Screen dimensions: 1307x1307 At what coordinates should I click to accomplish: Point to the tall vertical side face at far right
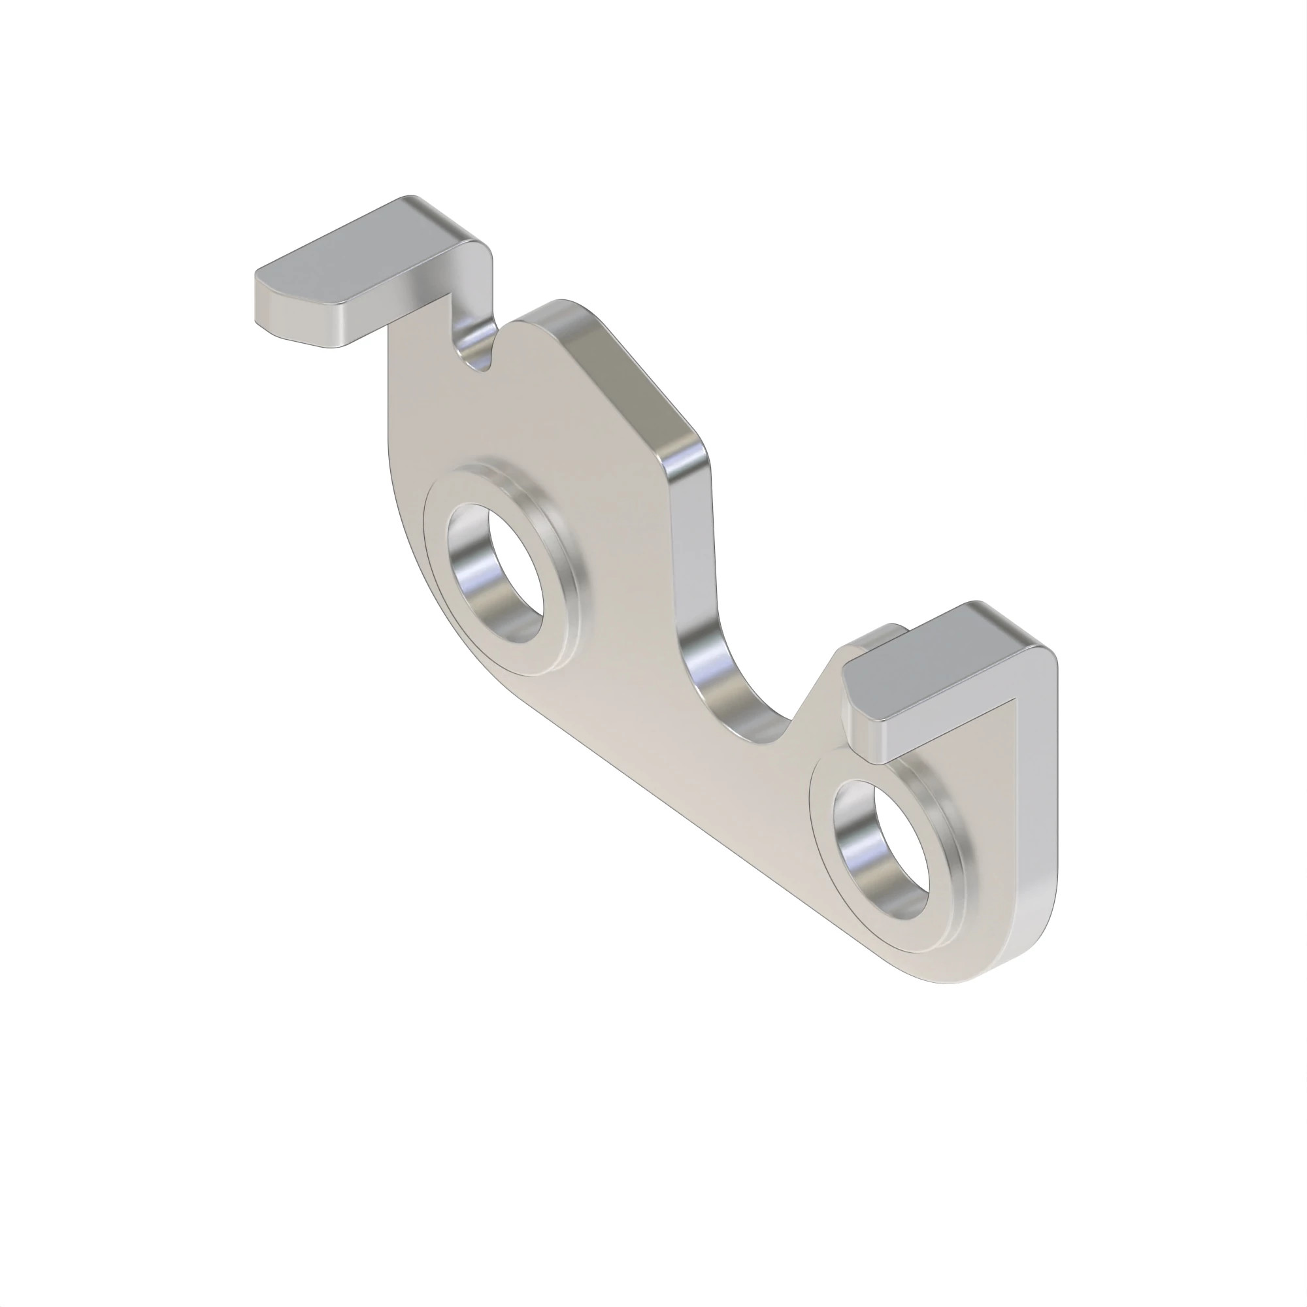click(x=1035, y=799)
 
